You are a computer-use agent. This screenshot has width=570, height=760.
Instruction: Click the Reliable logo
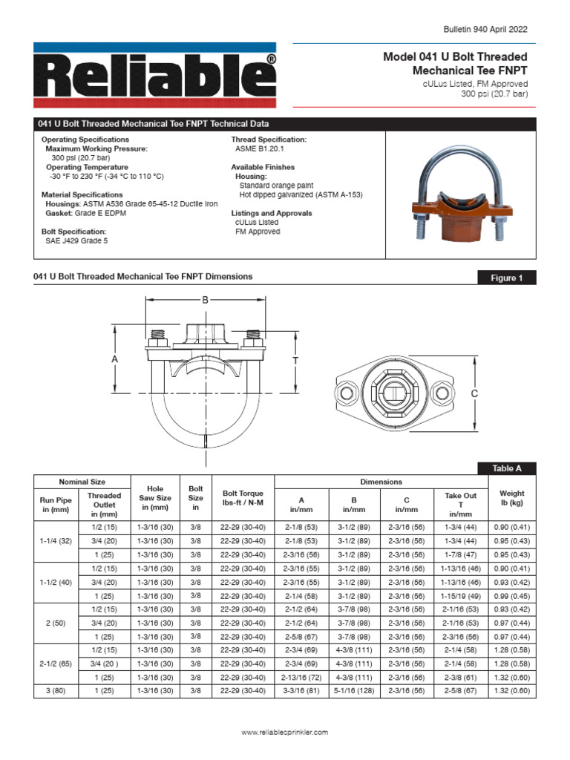click(154, 74)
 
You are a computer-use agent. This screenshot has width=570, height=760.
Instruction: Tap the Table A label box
click(507, 468)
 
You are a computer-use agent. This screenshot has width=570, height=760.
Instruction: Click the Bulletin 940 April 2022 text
click(485, 29)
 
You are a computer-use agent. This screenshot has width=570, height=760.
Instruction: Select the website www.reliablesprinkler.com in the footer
click(285, 733)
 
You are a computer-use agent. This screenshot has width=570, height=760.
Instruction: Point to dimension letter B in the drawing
click(206, 300)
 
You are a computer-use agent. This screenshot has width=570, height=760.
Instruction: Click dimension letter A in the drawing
click(115, 359)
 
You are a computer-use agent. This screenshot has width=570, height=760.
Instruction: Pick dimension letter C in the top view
click(474, 394)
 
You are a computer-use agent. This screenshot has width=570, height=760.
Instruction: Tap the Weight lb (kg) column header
click(511, 498)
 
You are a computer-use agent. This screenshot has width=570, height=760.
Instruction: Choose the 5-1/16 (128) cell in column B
click(354, 691)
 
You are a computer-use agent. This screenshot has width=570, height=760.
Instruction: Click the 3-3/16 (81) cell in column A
click(301, 691)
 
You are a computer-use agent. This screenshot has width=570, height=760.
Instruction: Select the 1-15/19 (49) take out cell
click(460, 596)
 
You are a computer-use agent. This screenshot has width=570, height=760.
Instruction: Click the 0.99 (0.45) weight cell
click(511, 596)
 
